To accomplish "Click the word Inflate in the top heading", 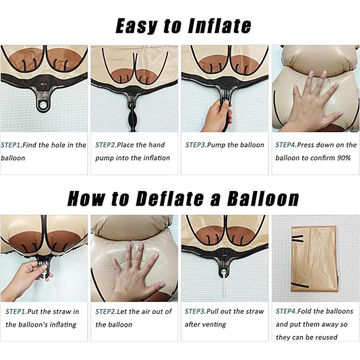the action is (x=219, y=26).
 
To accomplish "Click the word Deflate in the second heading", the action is (x=170, y=198).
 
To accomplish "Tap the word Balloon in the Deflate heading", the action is (x=263, y=198).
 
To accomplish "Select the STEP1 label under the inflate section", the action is (x=11, y=145).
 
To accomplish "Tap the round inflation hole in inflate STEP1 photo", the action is (x=43, y=105).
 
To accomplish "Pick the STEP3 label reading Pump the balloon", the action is (x=195, y=145).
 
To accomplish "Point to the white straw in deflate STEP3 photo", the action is (x=224, y=284).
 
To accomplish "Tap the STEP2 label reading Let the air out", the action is (x=106, y=311).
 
